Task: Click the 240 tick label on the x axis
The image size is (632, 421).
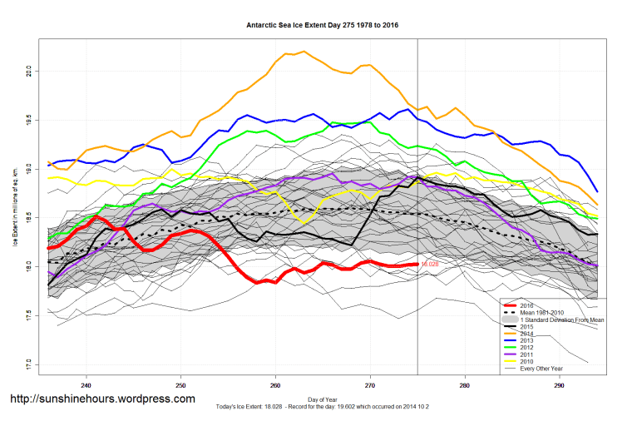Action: pyautogui.click(x=86, y=385)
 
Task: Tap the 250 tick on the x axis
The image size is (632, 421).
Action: pyautogui.click(x=180, y=385)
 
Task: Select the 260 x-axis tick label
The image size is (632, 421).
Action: pyautogui.click(x=275, y=385)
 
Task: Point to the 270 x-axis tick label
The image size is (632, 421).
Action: pyautogui.click(x=370, y=385)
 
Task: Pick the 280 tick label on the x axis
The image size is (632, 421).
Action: pyautogui.click(x=465, y=385)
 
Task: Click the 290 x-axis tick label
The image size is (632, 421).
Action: pyautogui.click(x=560, y=385)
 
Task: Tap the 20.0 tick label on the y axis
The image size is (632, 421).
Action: pyautogui.click(x=27, y=70)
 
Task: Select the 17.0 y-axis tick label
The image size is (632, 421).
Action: pyautogui.click(x=27, y=364)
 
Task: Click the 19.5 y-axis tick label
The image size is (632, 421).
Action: pyautogui.click(x=27, y=119)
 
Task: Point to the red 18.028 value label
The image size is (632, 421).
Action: pyautogui.click(x=429, y=264)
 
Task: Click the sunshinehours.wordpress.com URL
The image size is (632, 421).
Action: pyautogui.click(x=102, y=399)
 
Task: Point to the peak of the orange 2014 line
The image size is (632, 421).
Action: pyautogui.click(x=304, y=52)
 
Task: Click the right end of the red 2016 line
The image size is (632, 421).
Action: pyautogui.click(x=416, y=264)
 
